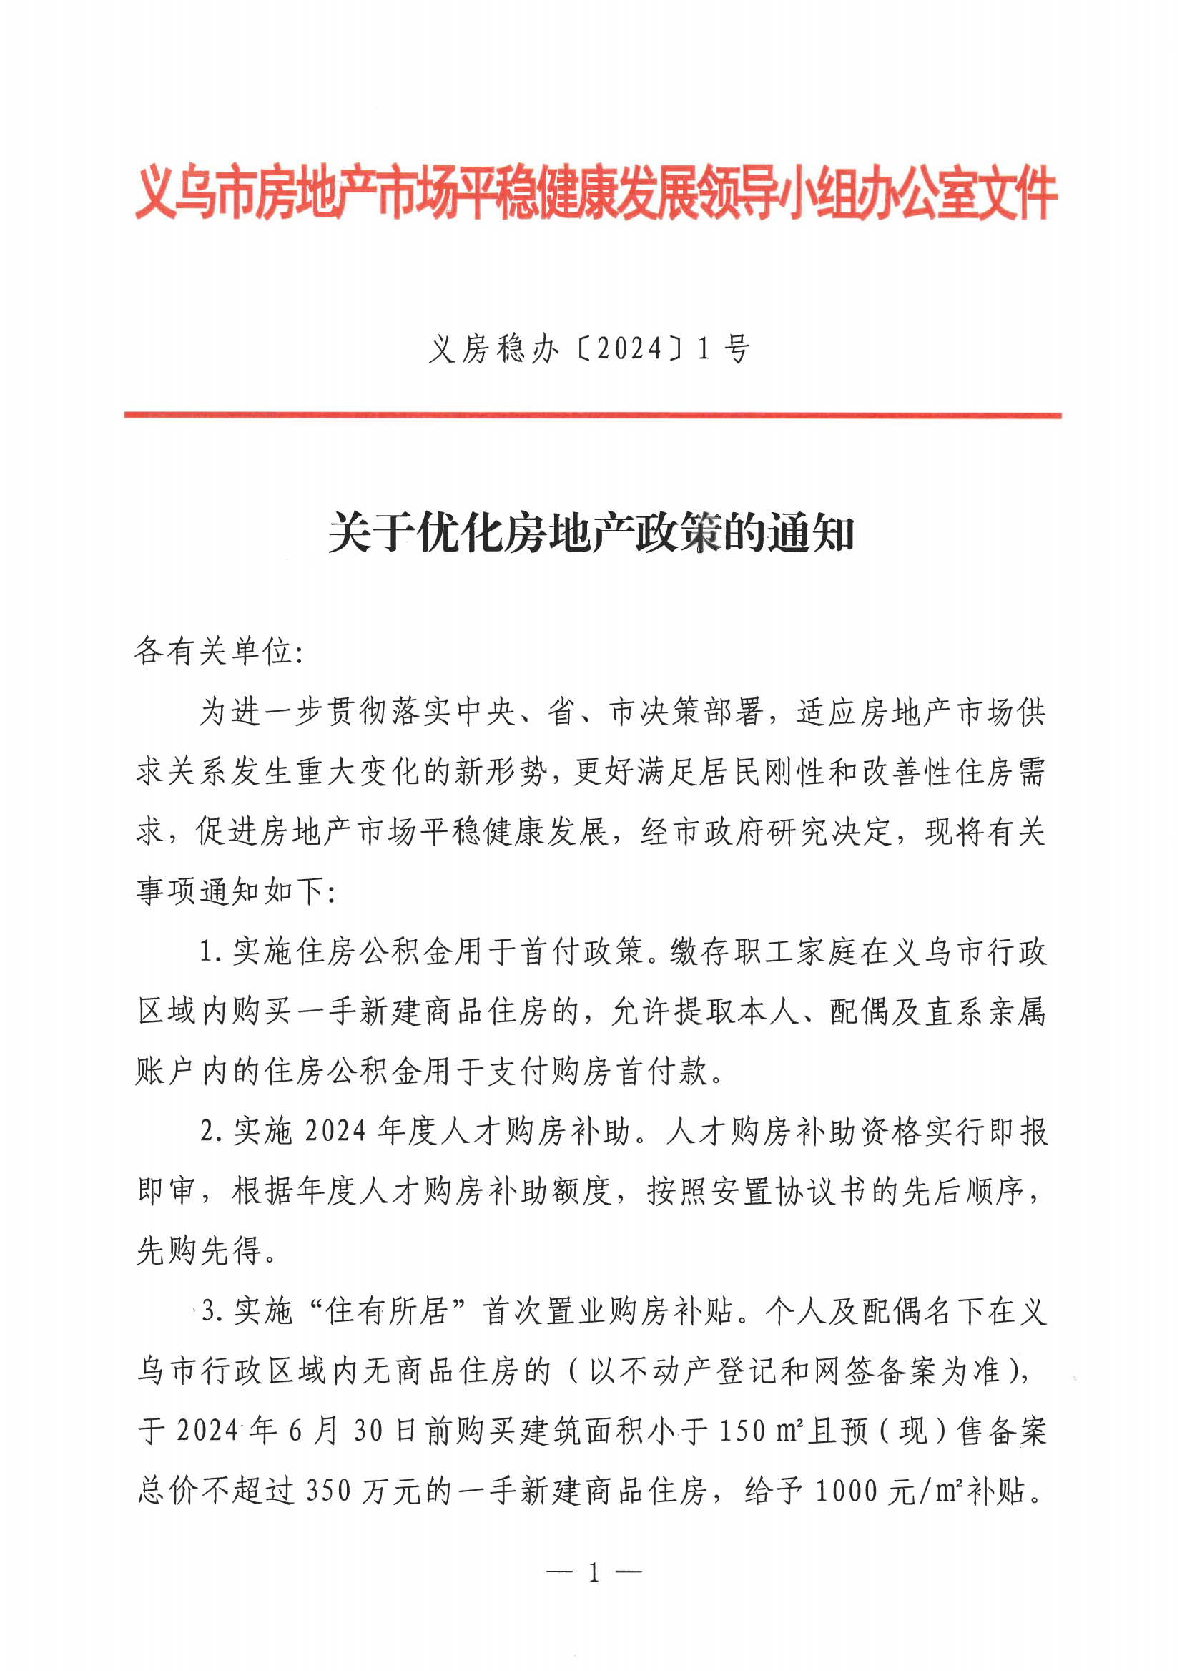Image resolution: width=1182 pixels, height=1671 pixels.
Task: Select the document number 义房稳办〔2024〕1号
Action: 589,351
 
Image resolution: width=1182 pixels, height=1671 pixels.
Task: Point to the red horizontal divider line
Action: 593,415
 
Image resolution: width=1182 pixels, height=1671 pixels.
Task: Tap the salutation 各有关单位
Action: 214,651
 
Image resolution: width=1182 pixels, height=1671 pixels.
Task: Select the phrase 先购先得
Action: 200,1251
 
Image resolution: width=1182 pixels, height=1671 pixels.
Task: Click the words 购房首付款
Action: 629,1071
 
